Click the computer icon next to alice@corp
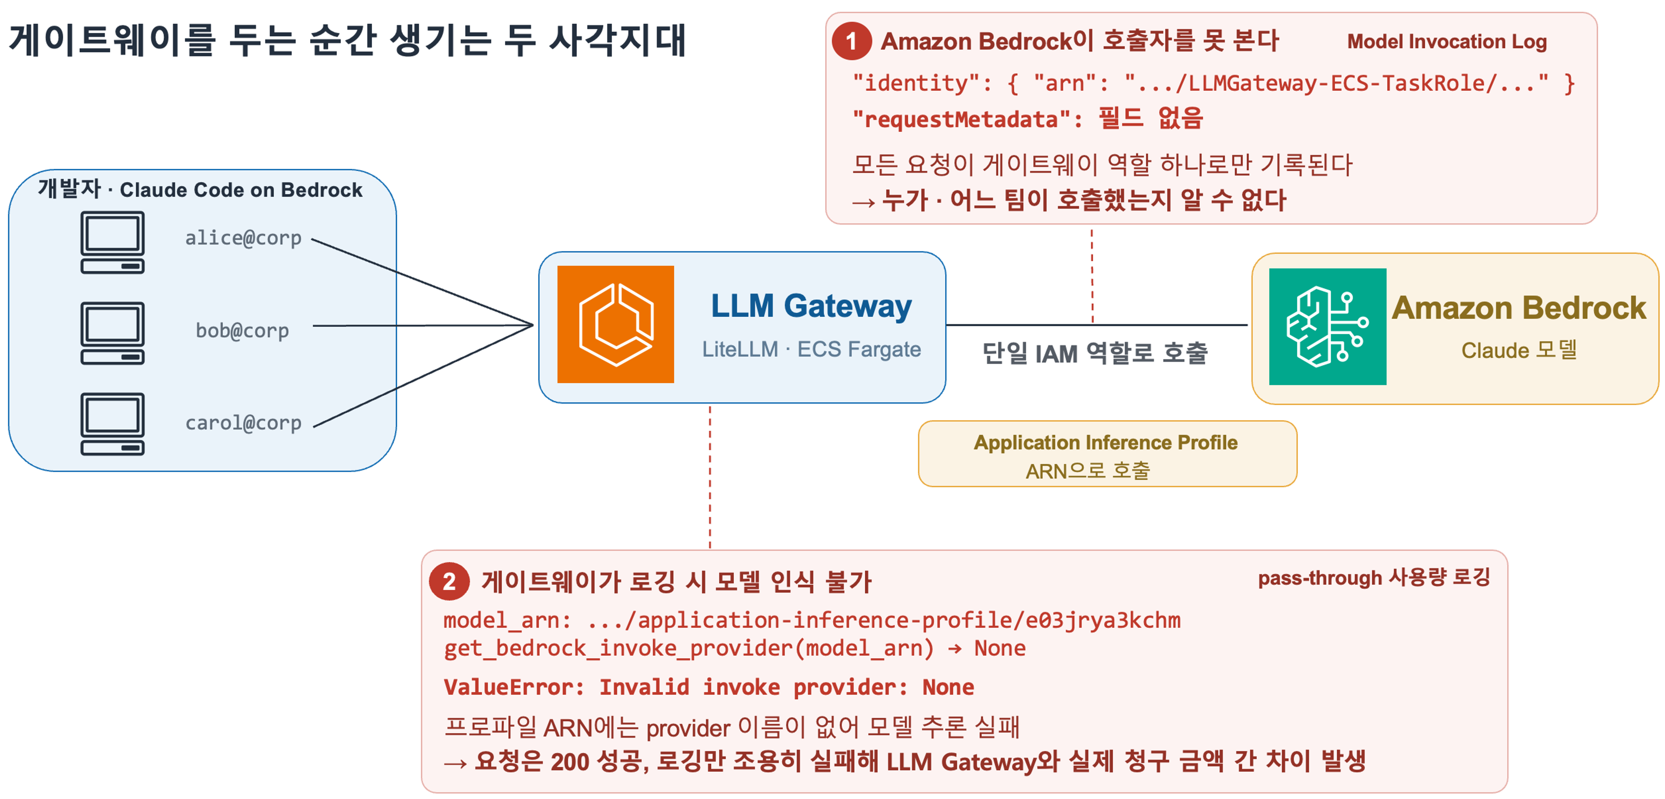pos(113,242)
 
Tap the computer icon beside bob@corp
pos(113,333)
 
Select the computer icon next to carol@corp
pos(113,424)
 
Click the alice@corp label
pos(243,238)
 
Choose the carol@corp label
pos(243,423)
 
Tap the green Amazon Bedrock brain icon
pos(1327,326)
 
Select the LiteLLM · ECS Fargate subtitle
pos(811,349)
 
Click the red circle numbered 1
pos(851,41)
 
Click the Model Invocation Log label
pos(1447,41)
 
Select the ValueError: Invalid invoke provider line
pos(709,686)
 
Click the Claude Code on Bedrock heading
pos(241,190)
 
